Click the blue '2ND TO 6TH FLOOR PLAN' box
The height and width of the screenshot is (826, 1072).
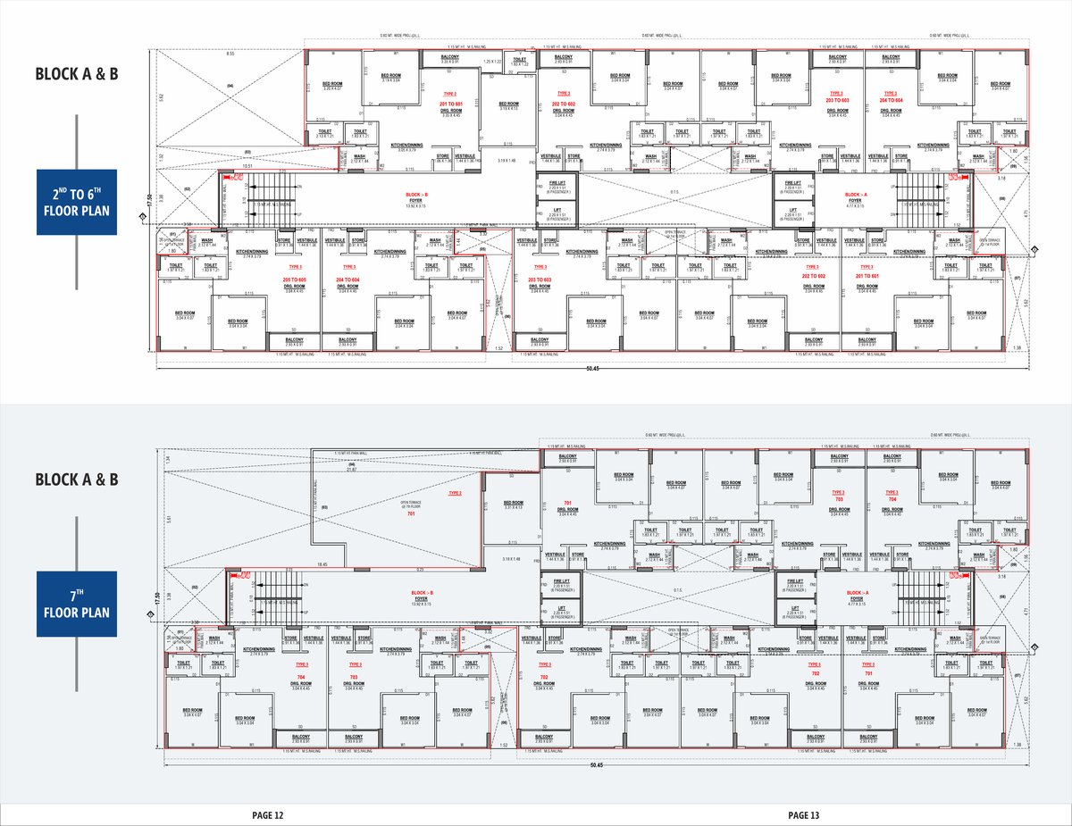77,202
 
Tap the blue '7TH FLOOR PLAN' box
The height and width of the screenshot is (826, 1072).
77,604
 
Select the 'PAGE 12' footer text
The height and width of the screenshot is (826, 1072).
267,814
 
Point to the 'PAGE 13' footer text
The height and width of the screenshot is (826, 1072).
803,814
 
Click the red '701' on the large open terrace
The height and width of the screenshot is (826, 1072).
412,514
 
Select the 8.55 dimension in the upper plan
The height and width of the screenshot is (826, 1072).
230,54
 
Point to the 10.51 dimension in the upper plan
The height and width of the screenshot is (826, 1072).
247,165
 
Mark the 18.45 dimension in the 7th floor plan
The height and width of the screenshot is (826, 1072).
322,564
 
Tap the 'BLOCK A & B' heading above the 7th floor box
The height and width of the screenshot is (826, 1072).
77,480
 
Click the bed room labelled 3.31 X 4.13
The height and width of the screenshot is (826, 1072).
513,506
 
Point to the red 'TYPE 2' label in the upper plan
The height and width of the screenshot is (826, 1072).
449,93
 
